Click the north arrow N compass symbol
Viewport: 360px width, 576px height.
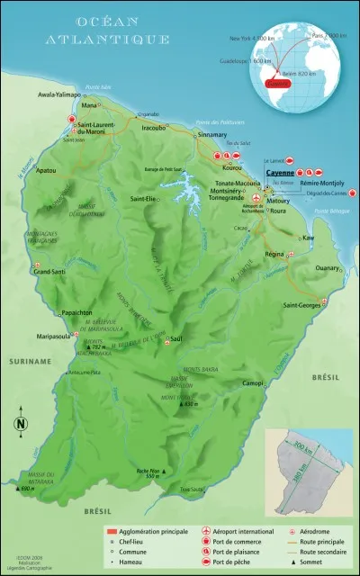22,424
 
